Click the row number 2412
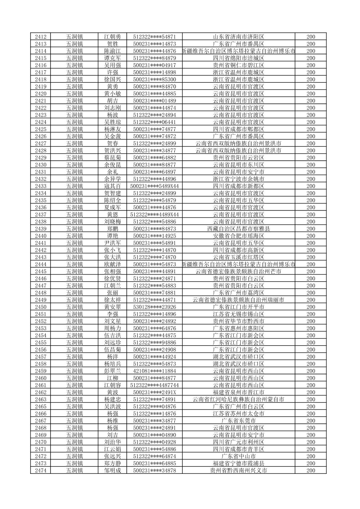click(x=41, y=37)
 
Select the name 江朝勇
click(x=112, y=37)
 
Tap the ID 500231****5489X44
click(x=155, y=186)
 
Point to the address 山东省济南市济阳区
click(x=239, y=37)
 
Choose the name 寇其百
click(x=112, y=186)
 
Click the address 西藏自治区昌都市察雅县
click(x=239, y=229)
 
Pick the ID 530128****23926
click(x=155, y=307)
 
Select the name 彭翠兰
click(x=112, y=371)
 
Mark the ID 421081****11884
click(x=155, y=371)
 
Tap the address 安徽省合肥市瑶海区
click(x=239, y=236)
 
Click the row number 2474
click(x=41, y=470)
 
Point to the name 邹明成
click(x=112, y=470)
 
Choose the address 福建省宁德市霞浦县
click(x=239, y=463)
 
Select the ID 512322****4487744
click(x=155, y=385)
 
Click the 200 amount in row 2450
click(x=311, y=307)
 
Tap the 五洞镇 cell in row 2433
click(x=74, y=186)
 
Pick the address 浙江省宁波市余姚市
click(x=239, y=179)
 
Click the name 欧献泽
click(x=112, y=264)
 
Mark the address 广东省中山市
click(x=239, y=456)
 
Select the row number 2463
click(x=41, y=399)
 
